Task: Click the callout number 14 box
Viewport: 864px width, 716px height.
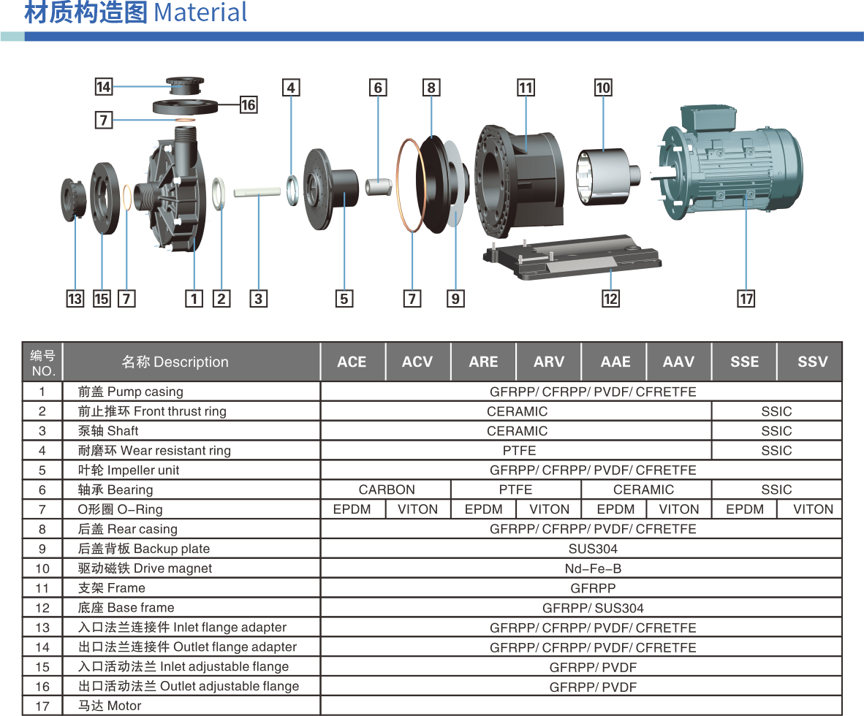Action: [x=103, y=87]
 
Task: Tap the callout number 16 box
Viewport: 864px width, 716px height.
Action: [x=249, y=104]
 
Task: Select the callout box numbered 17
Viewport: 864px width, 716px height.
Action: [x=746, y=298]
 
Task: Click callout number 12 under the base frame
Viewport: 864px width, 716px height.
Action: [x=610, y=298]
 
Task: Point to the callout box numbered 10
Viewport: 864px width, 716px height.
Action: [x=603, y=88]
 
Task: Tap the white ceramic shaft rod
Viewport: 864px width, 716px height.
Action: [x=257, y=192]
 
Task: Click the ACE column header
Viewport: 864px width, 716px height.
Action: [x=352, y=362]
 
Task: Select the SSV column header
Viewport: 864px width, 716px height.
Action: [x=812, y=362]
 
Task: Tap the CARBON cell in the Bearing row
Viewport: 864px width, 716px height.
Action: [x=386, y=490]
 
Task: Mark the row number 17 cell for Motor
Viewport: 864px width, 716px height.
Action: [x=42, y=706]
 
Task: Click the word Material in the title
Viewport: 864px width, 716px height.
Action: [x=201, y=13]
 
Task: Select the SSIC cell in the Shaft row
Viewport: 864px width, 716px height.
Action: [x=776, y=431]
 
